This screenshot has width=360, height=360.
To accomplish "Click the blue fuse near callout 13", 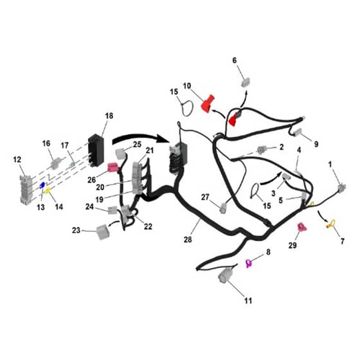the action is coord(42,185).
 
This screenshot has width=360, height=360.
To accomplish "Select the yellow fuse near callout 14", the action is coord(48,190).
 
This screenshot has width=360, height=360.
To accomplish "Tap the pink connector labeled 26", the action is coord(113,167).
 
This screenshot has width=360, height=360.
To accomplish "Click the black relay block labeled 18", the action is coord(96,150).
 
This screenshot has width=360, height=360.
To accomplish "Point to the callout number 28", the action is coord(188,239).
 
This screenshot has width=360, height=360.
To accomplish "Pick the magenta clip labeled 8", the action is coord(249,263).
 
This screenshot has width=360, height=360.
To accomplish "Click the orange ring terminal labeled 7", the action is coord(331,224).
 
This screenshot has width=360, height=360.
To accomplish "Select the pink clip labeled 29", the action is coord(301,227).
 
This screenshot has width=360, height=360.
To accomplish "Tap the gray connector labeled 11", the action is coord(225,275).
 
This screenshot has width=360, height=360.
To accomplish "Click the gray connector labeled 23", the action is coord(103,231).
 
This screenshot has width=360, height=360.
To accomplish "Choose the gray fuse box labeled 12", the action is coord(25,190).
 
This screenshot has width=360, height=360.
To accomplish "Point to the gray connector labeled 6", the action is coord(246,82).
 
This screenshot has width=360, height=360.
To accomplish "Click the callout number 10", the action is coord(187,86).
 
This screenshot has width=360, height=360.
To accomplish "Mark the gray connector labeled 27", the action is coord(223,208).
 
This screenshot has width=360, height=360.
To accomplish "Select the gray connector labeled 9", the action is coord(298,132).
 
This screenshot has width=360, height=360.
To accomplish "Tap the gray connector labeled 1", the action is coord(342,188).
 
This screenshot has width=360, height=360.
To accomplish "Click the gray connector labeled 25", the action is coord(121,154).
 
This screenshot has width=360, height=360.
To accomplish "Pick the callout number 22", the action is coord(148,226).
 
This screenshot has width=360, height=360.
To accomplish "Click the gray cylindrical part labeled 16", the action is coord(56,163).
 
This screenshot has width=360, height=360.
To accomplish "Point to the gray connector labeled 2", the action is coord(262,150).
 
